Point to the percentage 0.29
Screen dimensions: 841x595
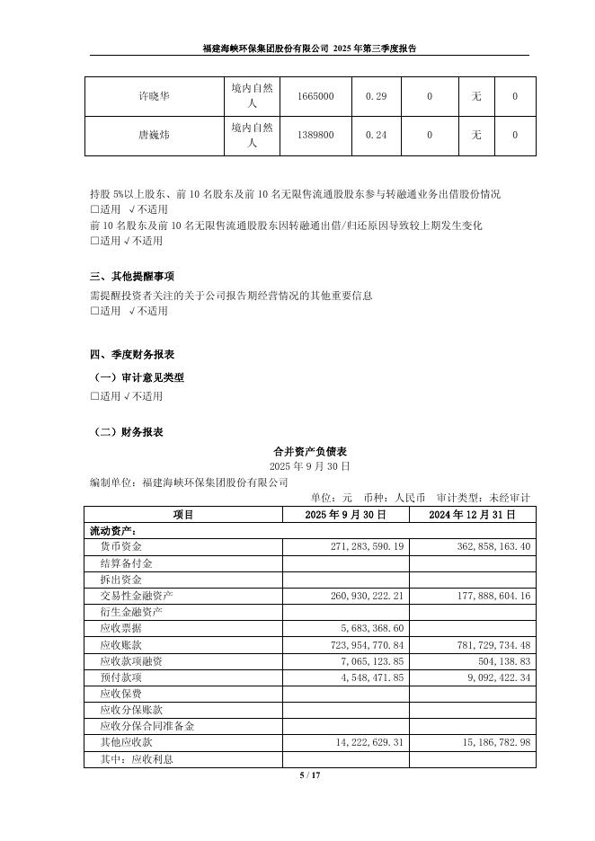[x=375, y=97]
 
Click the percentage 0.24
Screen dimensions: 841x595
[x=375, y=136]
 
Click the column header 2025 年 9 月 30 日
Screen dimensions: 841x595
[x=346, y=515]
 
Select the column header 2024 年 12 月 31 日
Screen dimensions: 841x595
[x=472, y=515]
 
